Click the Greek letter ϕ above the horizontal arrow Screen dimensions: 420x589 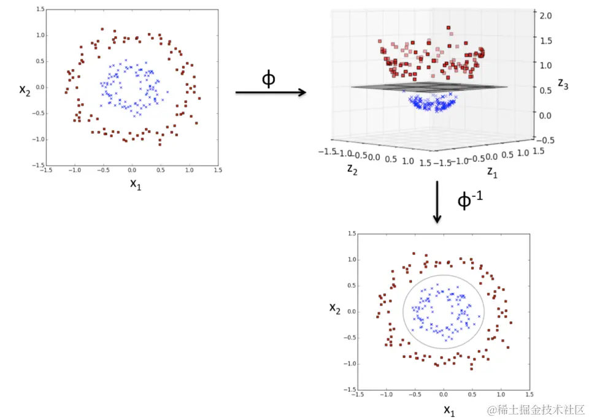[x=268, y=79]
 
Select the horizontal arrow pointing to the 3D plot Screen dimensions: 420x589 [x=271, y=93]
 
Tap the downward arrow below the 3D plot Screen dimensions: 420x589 [x=437, y=202]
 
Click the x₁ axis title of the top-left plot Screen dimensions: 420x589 [x=135, y=183]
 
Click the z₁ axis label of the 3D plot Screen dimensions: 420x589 [x=492, y=172]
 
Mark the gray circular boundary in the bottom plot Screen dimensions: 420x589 [x=403, y=311]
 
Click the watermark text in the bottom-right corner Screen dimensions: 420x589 [x=535, y=409]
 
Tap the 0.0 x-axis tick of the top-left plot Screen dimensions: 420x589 [x=131, y=171]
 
